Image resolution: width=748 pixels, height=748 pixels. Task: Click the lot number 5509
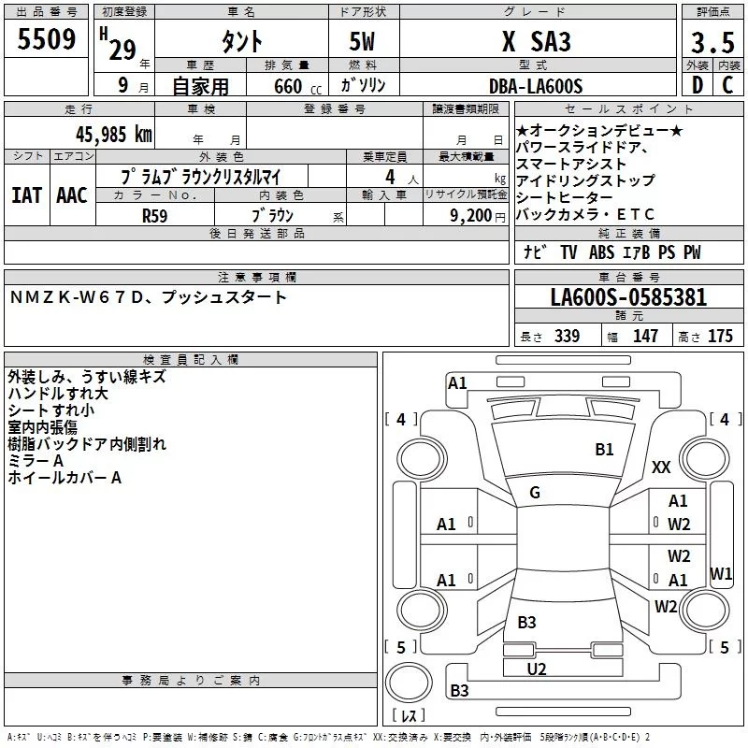coord(47,40)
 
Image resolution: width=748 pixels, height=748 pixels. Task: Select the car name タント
coord(240,42)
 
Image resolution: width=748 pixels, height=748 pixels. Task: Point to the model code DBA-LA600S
coord(535,86)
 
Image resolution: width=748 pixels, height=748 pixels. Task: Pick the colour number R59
coord(155,215)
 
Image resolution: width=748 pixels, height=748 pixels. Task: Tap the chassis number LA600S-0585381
coord(628,297)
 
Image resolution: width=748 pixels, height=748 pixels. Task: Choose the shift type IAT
coord(25,194)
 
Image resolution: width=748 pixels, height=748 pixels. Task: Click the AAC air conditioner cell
coord(71,194)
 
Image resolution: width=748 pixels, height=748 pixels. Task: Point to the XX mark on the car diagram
coord(661,467)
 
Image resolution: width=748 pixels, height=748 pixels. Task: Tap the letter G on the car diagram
coord(534,493)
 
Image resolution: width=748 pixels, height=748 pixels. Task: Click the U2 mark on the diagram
coord(537,669)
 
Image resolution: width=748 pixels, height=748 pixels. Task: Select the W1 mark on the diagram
coord(721,573)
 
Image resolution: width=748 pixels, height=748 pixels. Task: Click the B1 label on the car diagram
coord(604,450)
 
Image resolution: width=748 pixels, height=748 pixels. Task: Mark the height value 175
coord(721,337)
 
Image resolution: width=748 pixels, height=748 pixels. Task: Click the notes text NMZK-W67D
coord(79,297)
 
